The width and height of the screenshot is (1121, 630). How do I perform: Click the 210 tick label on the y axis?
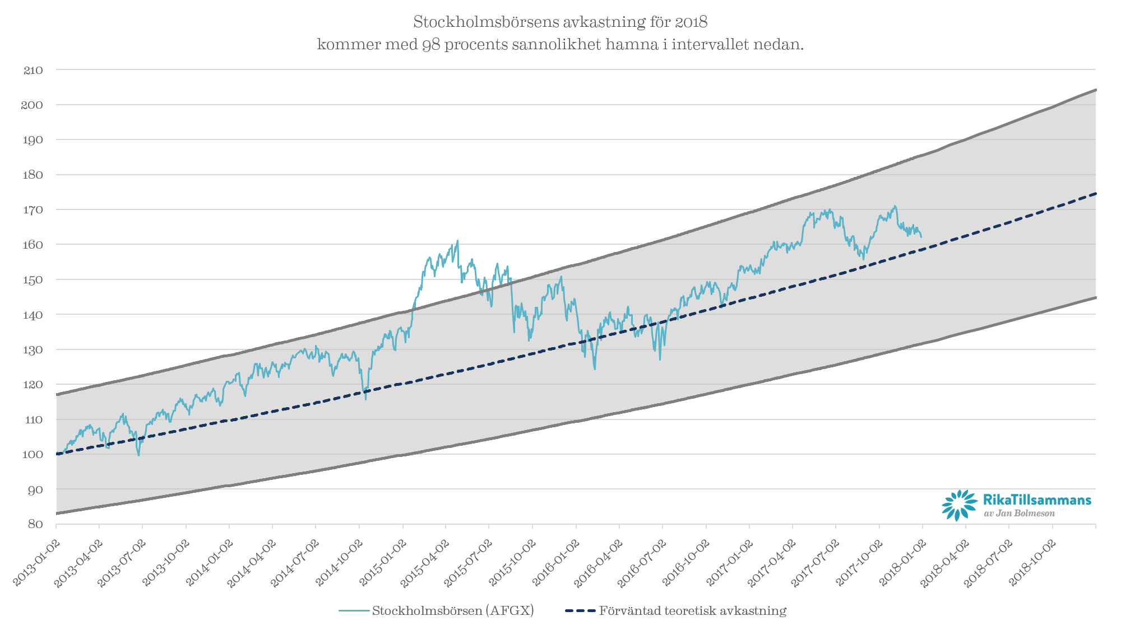[33, 70]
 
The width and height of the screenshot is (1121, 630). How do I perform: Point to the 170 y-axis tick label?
[33, 210]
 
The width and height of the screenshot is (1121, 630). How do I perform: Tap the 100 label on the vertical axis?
[33, 454]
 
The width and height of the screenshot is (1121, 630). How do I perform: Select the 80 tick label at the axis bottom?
[35, 524]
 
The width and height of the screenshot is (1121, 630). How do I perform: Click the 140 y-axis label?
[33, 315]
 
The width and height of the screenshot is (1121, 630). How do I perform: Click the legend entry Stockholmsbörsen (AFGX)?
[453, 610]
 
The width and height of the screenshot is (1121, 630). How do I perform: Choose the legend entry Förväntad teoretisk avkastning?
[693, 610]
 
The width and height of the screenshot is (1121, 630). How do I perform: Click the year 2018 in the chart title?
[691, 22]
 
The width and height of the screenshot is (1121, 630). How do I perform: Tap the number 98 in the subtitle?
[431, 44]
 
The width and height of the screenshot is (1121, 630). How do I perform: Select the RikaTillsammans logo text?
[1037, 500]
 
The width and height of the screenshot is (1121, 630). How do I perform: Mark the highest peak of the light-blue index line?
[458, 241]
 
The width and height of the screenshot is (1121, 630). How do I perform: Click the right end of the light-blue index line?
[921, 237]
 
